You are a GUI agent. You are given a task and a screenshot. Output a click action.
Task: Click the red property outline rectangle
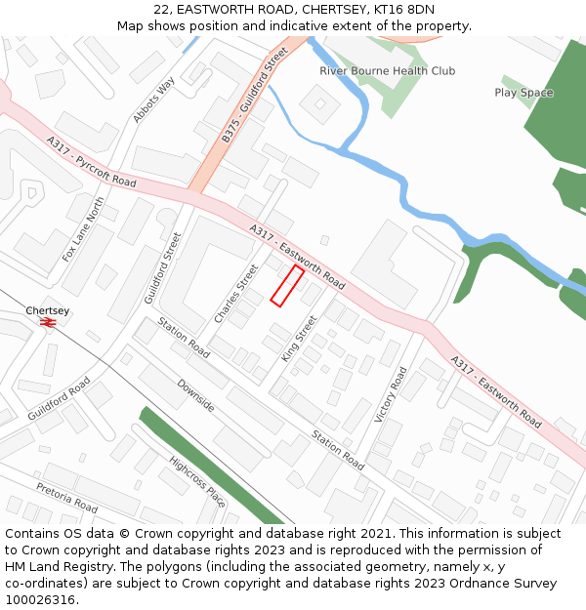[286, 285]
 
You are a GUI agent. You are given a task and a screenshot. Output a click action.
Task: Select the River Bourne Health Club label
[387, 71]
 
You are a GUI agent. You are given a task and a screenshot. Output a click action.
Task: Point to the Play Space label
[523, 93]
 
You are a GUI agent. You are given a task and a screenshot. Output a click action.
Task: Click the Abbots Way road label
[152, 100]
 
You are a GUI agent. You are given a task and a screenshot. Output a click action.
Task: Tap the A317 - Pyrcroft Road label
[91, 162]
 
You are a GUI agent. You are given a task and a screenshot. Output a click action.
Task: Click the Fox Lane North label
[83, 228]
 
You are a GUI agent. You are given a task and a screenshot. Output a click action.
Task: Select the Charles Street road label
[235, 294]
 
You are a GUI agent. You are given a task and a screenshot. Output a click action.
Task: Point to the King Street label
[299, 339]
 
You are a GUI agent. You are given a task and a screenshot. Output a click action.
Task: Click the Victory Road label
[391, 394]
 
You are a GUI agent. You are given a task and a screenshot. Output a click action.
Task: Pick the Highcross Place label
[197, 482]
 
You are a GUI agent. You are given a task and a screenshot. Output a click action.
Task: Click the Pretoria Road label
[67, 498]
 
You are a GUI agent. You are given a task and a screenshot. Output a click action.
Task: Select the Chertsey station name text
[48, 310]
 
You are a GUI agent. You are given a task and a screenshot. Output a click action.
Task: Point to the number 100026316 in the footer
[41, 600]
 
